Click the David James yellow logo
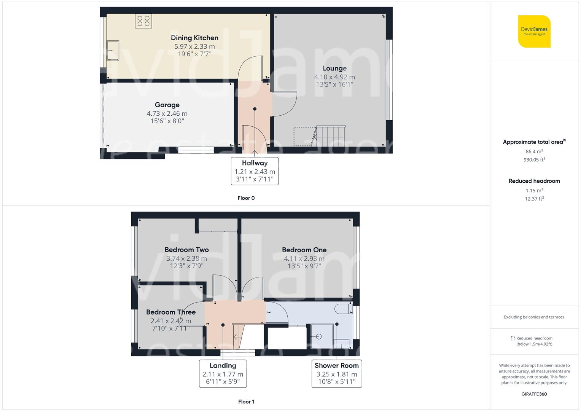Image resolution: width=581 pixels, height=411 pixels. [534, 32]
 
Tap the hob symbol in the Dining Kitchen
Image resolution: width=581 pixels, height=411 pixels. [143, 21]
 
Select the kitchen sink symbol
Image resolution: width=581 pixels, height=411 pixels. [113, 50]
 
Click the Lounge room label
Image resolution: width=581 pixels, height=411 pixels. [334, 68]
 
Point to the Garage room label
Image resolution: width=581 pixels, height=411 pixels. [167, 105]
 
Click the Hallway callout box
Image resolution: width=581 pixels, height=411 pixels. [255, 171]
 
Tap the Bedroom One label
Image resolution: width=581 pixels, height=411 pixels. [304, 250]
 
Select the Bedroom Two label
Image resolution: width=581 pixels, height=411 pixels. [186, 250]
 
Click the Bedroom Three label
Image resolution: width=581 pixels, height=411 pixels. [171, 312]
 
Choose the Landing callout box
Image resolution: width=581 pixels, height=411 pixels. [223, 373]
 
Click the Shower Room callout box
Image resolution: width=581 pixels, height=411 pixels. [336, 373]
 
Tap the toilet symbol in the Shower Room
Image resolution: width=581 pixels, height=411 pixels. [343, 309]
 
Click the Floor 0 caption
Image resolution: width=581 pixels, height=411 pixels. [246, 198]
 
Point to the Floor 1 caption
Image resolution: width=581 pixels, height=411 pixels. [246, 401]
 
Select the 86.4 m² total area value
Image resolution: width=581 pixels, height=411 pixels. [534, 151]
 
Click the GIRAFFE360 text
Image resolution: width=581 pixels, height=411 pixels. [534, 394]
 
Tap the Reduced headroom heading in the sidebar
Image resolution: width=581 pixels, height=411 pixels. [534, 181]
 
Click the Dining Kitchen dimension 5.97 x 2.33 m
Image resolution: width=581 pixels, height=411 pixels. [194, 47]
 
